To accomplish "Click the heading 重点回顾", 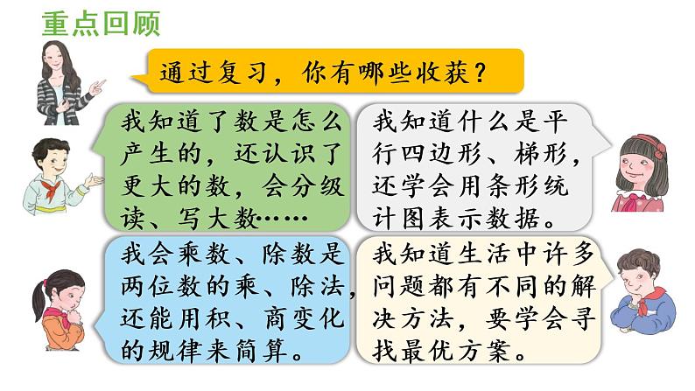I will click(x=101, y=24).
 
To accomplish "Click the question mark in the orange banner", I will click(x=479, y=73).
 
